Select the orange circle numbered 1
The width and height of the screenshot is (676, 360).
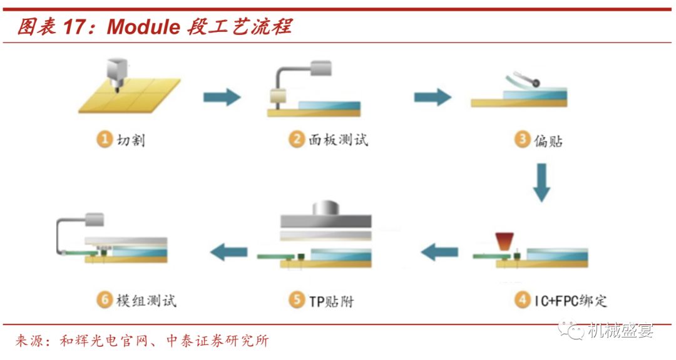[x=104, y=140]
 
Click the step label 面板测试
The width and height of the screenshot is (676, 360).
[x=339, y=140]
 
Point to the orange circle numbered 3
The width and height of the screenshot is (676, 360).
[x=522, y=140]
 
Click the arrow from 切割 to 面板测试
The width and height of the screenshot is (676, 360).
[x=222, y=97]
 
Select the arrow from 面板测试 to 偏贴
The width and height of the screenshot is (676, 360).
[x=432, y=97]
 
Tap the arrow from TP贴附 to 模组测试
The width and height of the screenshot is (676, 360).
[x=228, y=253]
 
